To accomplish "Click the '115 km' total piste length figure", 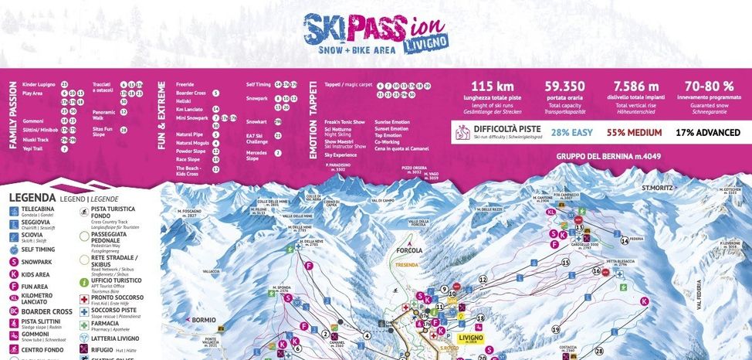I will [493, 87].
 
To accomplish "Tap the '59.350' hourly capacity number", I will [564, 87].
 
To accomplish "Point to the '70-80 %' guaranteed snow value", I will [708, 87].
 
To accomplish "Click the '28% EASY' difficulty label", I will [571, 133].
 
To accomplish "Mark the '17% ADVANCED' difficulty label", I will [707, 133].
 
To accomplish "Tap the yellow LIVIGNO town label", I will [470, 338].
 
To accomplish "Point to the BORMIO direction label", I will [203, 320].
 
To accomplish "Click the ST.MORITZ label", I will [656, 188].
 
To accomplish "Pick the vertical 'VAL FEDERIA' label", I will [700, 317].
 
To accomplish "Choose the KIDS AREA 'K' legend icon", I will [15, 273].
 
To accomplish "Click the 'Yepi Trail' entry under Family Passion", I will [33, 149].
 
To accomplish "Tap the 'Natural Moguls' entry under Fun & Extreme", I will [193, 143].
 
